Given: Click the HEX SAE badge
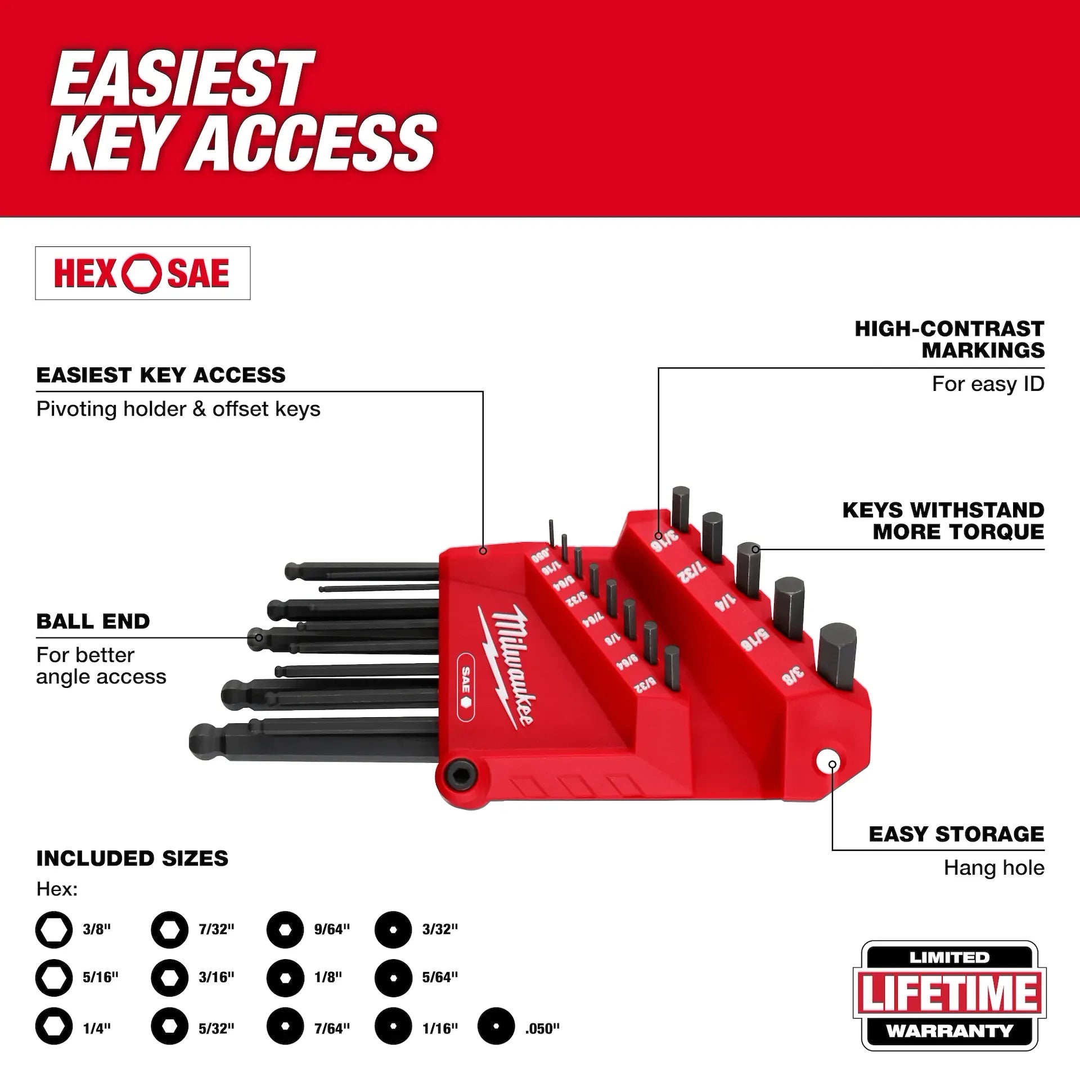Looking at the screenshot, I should pos(142,273).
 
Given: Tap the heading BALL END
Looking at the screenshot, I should pos(93,622).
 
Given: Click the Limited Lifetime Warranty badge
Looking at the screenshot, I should pos(949,996).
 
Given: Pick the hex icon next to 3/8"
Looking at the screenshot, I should pos(54,930).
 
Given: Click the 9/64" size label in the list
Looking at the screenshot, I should pos(332,929).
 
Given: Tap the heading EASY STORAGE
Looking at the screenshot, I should pos(956,834).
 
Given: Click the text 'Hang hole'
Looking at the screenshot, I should pos(993,867).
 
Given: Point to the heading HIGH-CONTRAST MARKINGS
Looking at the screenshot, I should pos(949,339).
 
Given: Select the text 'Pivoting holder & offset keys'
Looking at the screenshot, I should pos(178,409).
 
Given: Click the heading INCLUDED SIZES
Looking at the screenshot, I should pos(132,858).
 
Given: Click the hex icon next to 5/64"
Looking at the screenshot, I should pos(393,978).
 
